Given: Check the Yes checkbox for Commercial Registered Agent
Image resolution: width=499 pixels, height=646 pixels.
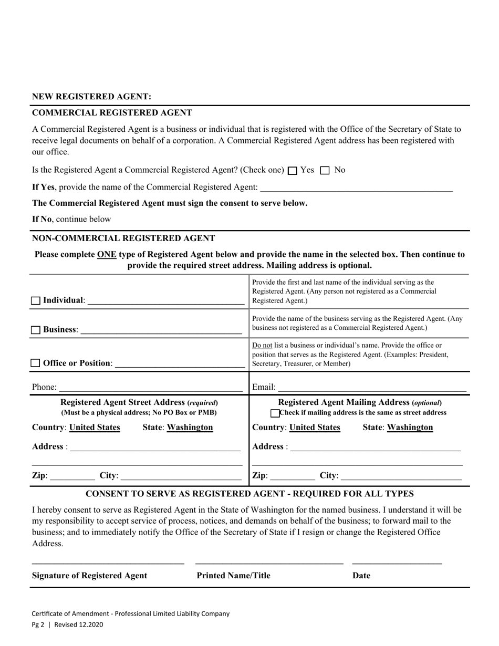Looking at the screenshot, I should (293, 171).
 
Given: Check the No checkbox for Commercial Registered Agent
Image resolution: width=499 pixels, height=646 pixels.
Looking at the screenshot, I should (325, 171).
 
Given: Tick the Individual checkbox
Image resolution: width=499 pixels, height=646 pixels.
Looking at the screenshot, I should (36, 301).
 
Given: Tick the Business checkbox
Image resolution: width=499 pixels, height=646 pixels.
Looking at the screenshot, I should (36, 330).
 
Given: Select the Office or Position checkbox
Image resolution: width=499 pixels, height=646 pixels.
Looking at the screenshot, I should (36, 363).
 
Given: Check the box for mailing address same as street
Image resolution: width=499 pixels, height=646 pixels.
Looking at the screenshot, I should (275, 413).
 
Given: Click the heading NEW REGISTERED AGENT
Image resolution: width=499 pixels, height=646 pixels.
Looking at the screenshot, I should (91, 97).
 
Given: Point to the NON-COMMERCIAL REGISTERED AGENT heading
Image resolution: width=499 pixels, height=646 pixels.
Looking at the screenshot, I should (123, 238).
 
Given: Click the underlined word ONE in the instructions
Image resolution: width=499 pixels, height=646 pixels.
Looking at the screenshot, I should (107, 254).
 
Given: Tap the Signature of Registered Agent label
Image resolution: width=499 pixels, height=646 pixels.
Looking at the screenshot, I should (90, 576).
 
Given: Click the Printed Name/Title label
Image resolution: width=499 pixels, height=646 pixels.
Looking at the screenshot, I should (233, 576).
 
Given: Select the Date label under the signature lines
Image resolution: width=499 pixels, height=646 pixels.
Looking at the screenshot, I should (361, 576).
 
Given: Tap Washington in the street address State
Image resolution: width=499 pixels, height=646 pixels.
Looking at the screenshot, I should (190, 428).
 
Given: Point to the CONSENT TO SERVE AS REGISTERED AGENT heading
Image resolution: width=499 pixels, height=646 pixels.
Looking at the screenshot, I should (250, 494).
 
